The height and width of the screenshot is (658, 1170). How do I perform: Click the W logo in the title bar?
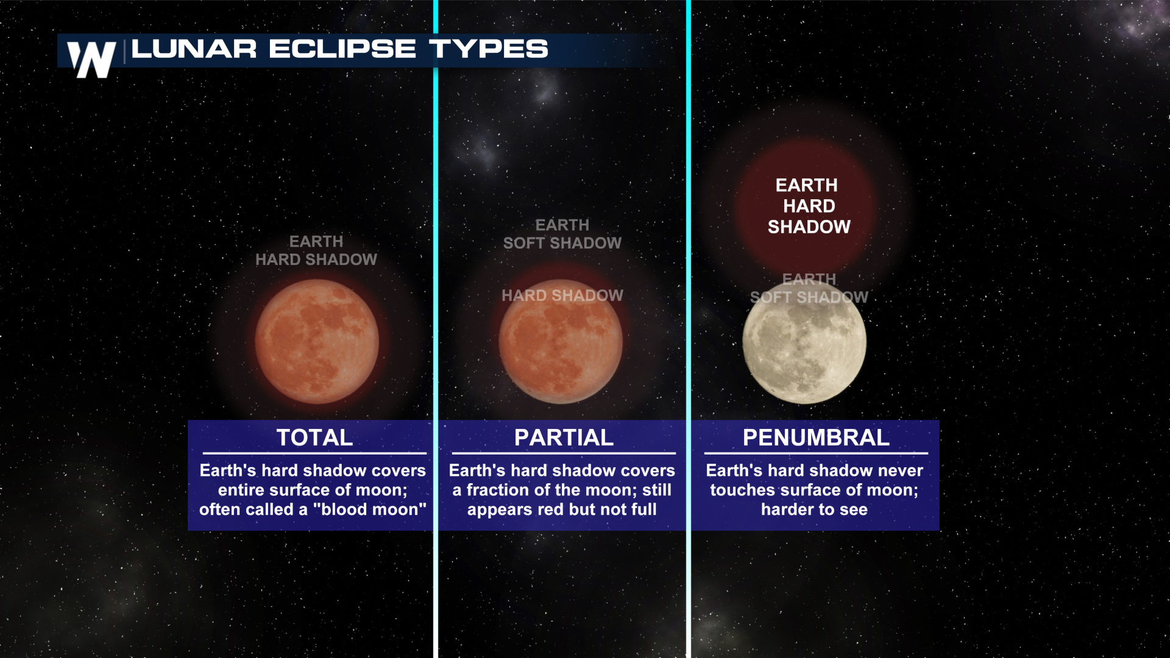[91, 59]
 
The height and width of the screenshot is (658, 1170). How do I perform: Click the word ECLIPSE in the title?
[342, 49]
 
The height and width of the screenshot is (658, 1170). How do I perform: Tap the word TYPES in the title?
[489, 49]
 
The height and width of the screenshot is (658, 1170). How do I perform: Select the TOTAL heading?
[314, 437]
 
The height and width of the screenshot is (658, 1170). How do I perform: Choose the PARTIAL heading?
[564, 437]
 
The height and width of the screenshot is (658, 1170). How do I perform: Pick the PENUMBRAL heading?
[816, 437]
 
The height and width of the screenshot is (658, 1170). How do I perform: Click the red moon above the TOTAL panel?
[317, 341]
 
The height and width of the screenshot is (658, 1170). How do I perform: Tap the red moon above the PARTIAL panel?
[561, 341]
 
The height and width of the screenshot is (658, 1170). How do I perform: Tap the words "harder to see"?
[814, 509]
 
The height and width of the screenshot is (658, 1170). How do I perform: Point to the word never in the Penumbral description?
[901, 470]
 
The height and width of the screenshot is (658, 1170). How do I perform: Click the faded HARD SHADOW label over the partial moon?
[562, 295]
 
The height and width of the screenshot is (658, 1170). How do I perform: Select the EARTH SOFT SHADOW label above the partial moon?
[562, 234]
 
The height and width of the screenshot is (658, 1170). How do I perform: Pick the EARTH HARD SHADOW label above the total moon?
[316, 250]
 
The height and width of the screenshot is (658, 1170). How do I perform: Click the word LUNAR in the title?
[194, 49]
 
